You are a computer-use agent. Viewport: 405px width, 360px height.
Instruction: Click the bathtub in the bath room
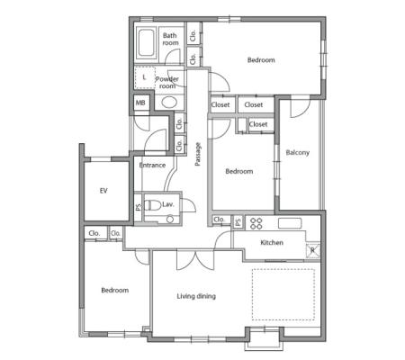(x=146, y=43)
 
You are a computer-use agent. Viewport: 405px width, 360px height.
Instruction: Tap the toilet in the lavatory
(x=152, y=205)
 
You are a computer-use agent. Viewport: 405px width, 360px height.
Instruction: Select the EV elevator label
(x=103, y=191)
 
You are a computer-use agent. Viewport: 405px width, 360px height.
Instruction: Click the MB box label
(x=140, y=103)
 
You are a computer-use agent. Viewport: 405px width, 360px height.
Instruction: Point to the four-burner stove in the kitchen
(x=256, y=223)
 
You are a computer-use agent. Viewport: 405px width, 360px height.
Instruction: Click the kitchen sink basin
(x=290, y=223)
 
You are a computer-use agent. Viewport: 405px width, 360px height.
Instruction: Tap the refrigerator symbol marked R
(x=313, y=250)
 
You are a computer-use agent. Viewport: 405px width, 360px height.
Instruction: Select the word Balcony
(x=297, y=152)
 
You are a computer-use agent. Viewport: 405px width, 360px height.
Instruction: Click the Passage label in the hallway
(x=197, y=154)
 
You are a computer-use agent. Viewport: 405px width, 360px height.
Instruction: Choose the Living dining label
(x=196, y=296)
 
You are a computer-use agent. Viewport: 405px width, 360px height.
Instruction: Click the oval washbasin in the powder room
(x=169, y=102)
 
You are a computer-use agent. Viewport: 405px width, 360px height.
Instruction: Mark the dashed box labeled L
(x=145, y=77)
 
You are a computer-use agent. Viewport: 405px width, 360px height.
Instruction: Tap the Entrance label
(x=152, y=165)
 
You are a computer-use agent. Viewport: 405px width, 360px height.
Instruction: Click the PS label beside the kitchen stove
(x=238, y=221)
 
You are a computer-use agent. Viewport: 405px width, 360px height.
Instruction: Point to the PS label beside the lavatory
(x=138, y=207)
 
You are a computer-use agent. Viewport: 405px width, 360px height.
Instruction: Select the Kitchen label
(x=272, y=242)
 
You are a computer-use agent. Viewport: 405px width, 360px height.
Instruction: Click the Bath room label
(x=170, y=39)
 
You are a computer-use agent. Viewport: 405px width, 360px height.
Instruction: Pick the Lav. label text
(x=168, y=204)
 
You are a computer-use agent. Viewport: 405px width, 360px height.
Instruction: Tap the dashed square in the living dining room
(x=283, y=294)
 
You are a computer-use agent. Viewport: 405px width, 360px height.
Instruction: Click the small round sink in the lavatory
(x=170, y=220)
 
